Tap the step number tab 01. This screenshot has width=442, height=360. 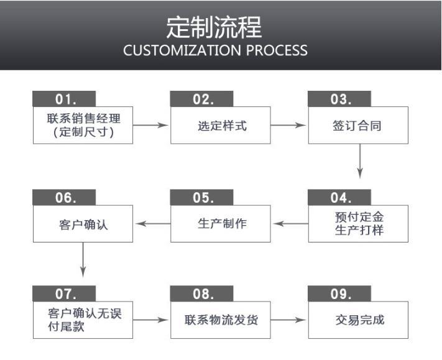pos(64,98)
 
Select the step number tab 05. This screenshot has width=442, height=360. pos(202,198)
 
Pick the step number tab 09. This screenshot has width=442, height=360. pos(339,293)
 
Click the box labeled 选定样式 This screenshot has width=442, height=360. pos(221,125)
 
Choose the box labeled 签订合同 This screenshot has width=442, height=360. pos(359,125)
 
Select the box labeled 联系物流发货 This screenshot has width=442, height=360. pos(221,320)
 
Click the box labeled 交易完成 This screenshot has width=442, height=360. pos(359,320)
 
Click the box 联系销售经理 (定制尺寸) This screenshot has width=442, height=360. pos(83,125)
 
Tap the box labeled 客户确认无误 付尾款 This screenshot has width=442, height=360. pos(83,320)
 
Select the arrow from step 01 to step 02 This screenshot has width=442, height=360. pos(150,125)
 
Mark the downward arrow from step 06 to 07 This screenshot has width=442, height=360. pos(83,260)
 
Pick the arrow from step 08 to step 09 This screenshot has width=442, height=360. pos(288,320)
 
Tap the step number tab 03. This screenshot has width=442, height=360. pos(339,98)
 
